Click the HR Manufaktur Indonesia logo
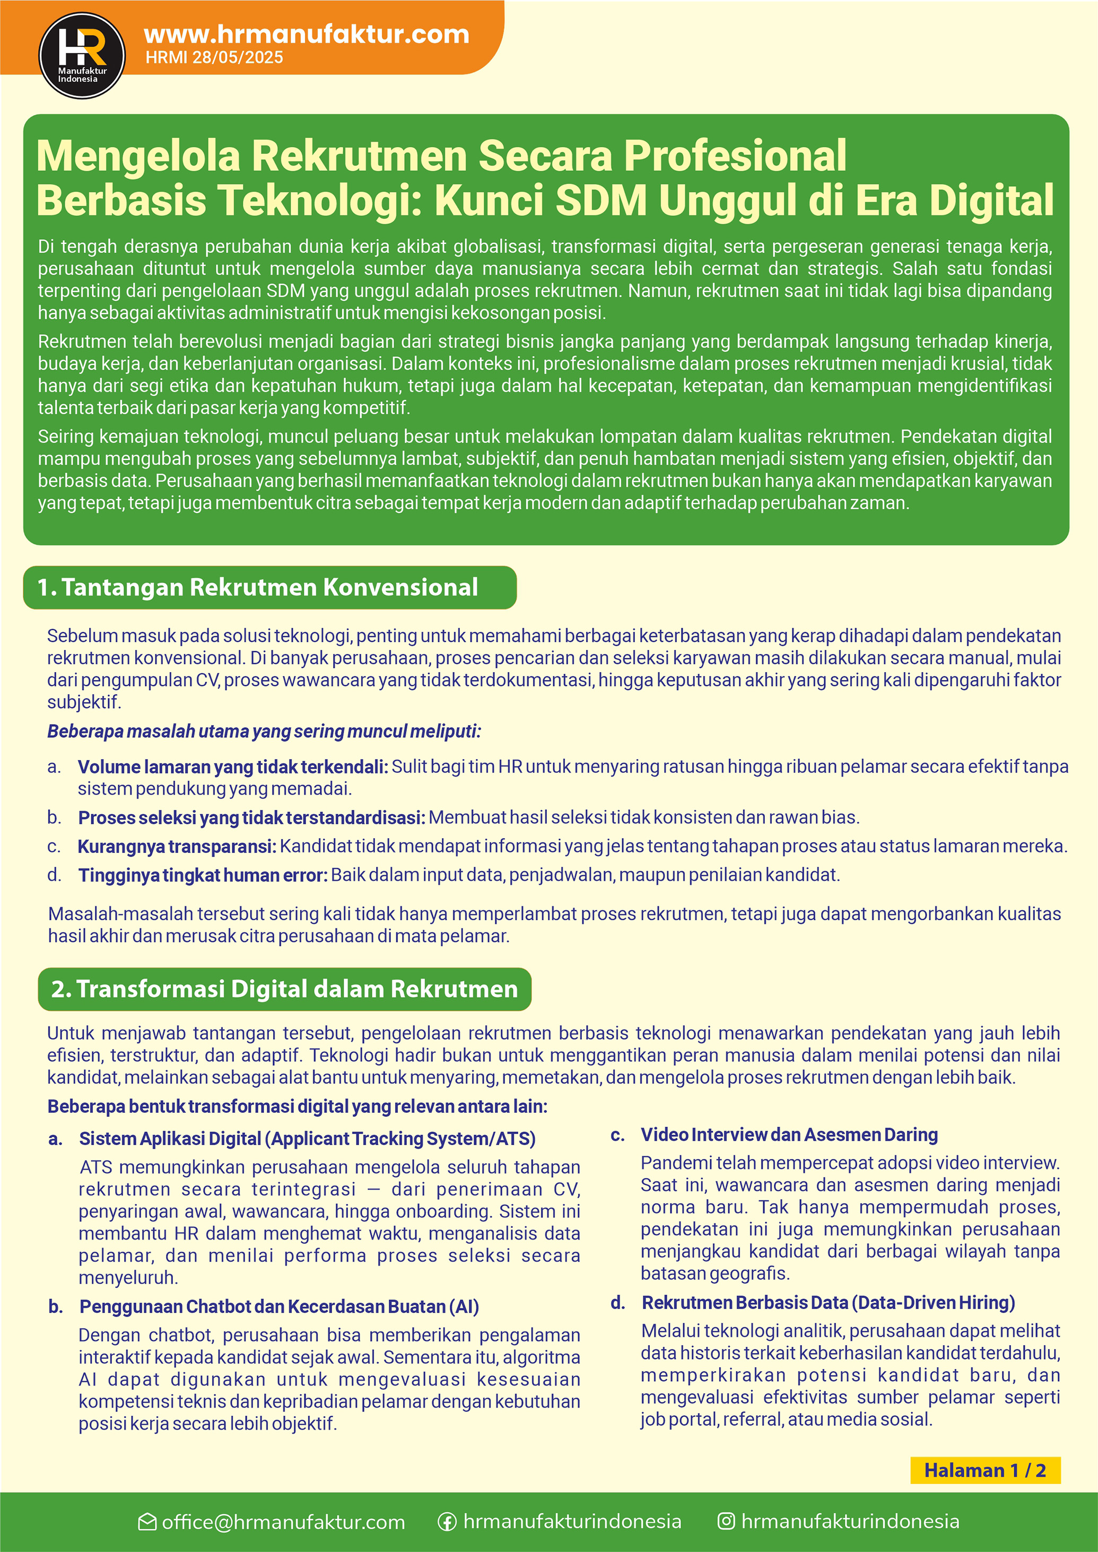coord(82,55)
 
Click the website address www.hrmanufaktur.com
coord(306,34)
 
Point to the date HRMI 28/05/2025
coord(214,57)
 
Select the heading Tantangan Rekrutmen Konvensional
coord(269,587)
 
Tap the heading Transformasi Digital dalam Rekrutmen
coord(284,989)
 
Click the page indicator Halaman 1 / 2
coord(984,1470)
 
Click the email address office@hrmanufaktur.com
coord(283,1522)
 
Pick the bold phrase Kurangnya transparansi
coord(177,847)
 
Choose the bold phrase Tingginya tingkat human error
coord(203,875)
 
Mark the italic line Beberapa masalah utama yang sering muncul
coord(264,731)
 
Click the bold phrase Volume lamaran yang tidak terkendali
coord(232,767)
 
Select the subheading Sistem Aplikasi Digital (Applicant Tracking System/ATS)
coord(307,1138)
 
